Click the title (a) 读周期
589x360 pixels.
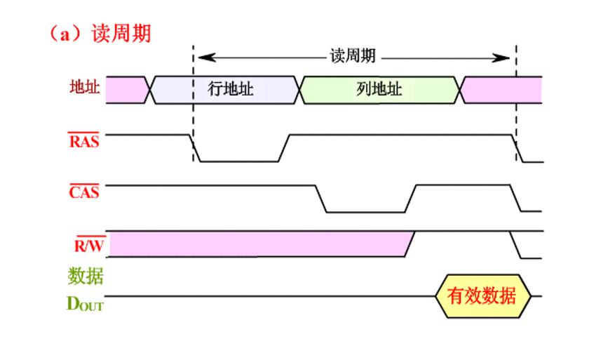[x=99, y=33]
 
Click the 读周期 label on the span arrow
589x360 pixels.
[x=353, y=56]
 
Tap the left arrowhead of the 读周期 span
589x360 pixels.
[x=201, y=56]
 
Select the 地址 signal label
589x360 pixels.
[x=85, y=88]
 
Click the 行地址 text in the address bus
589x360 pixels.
[x=231, y=89]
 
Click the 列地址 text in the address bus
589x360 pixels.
[x=379, y=89]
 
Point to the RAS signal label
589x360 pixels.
[x=84, y=141]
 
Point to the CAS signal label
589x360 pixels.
[x=84, y=192]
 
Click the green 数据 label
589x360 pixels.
[x=86, y=276]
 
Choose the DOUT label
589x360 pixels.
[x=84, y=304]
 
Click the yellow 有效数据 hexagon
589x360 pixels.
[x=482, y=296]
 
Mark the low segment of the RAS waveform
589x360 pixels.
[x=240, y=161]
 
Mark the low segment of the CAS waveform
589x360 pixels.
[x=365, y=211]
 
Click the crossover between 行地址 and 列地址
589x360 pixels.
[x=300, y=89]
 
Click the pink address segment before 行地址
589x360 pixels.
[x=126, y=89]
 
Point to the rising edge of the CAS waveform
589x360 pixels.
[x=410, y=199]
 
